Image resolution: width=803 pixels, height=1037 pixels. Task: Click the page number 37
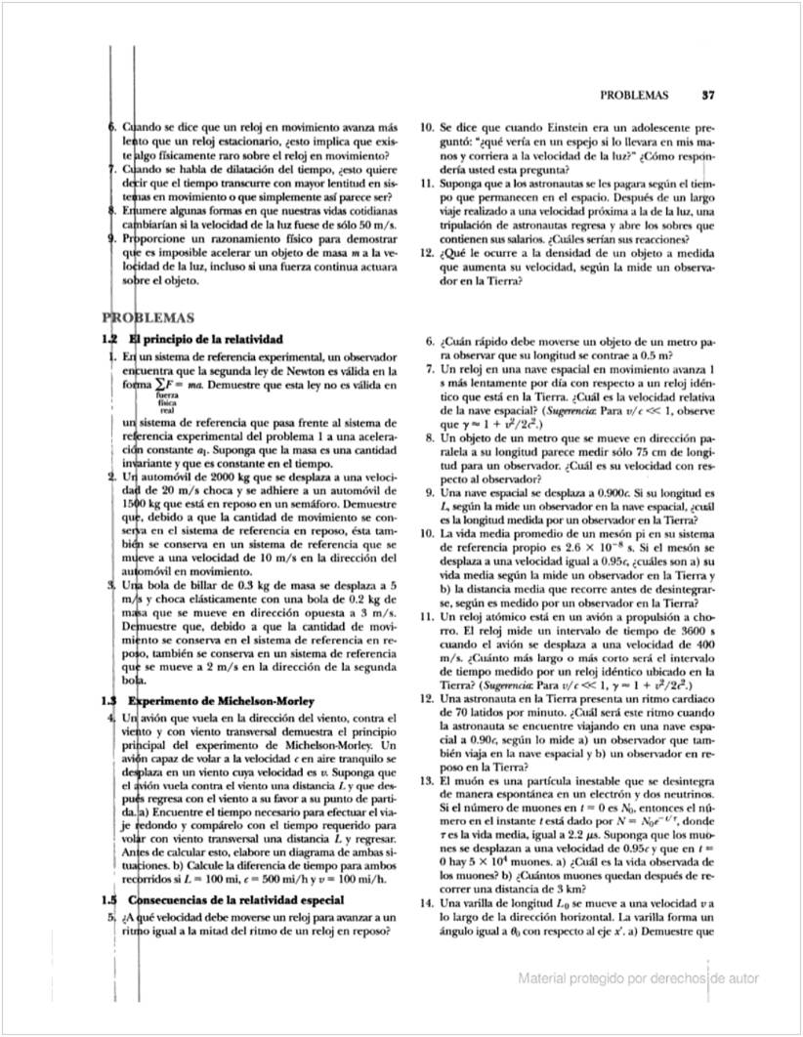tap(709, 96)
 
